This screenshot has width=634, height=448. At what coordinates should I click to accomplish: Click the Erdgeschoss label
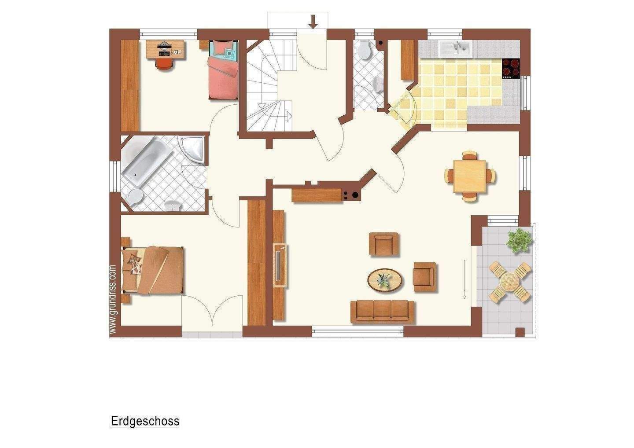145,421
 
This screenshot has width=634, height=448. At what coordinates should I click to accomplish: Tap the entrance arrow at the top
313,21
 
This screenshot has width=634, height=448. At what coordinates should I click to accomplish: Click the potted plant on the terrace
519,240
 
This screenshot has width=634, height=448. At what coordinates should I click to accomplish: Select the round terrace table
510,281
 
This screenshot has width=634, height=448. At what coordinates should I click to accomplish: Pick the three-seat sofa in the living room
383,311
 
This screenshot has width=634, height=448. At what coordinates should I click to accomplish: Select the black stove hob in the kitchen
511,69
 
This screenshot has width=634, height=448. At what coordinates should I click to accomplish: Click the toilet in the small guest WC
364,50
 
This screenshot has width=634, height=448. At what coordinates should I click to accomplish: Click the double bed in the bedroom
153,269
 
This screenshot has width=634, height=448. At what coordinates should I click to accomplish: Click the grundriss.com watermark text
113,299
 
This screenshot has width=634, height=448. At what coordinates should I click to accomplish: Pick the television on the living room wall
280,267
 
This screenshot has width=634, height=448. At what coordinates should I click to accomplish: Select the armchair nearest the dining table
384,243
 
